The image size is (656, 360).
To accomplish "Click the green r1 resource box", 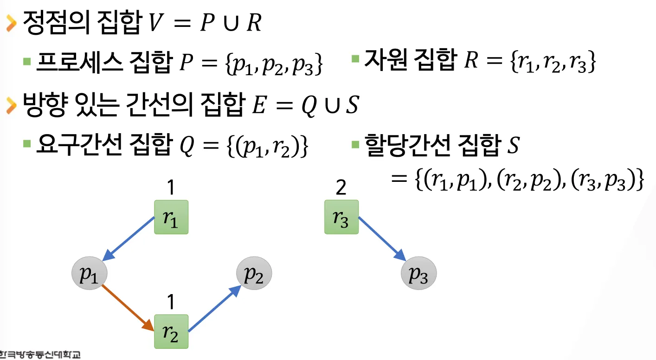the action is point(171,217).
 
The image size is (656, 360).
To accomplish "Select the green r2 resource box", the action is point(171,331).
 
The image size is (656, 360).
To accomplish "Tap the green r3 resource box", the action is point(341,217).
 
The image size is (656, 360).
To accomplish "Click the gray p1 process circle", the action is point(89,275).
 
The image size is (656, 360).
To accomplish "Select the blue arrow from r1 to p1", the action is point(131,239).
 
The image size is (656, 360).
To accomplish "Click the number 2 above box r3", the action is point(341,188).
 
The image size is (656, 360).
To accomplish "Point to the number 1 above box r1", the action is point(171,188).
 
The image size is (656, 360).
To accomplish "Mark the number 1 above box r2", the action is point(171,302).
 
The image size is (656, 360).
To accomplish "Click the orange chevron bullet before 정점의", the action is point(11,24).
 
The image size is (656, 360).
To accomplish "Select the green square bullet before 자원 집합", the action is point(356,59).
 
